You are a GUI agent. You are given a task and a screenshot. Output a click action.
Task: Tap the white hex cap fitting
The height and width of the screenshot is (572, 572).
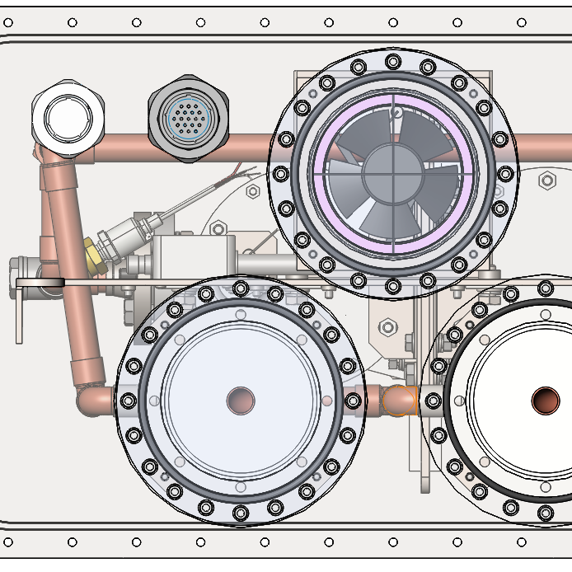click(69, 115)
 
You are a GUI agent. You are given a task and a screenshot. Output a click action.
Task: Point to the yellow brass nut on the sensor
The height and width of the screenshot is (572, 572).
click(92, 255)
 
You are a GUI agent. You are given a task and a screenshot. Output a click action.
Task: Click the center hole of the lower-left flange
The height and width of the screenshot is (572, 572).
click(241, 401)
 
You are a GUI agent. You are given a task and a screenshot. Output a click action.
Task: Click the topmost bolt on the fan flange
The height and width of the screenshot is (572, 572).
click(393, 61)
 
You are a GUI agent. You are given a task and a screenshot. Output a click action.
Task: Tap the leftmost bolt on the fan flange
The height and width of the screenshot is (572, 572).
click(281, 174)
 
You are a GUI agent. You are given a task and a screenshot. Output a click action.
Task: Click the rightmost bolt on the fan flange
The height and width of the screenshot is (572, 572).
click(505, 174)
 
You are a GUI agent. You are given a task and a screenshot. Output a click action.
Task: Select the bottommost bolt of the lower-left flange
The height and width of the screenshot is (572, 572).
click(241, 513)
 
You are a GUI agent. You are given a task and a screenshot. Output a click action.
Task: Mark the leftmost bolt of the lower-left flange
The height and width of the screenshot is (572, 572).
click(129, 401)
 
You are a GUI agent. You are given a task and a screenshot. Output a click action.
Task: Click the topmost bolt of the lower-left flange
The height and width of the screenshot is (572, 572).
click(241, 288)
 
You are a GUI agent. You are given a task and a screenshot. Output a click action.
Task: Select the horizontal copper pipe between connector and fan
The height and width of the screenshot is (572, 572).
click(247, 148)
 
